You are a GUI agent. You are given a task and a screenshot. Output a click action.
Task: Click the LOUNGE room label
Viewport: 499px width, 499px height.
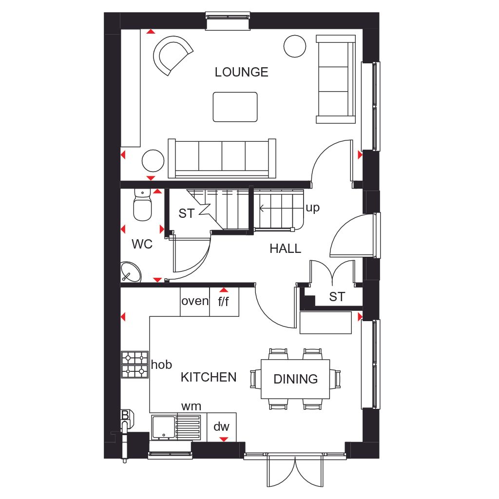[x=242, y=72]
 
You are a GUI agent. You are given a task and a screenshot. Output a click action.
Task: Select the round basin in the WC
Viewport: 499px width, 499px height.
[x=130, y=272]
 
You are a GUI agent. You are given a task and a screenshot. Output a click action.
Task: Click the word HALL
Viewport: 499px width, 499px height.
[x=286, y=249]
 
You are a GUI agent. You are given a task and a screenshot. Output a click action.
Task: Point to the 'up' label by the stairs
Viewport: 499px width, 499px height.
[x=312, y=208]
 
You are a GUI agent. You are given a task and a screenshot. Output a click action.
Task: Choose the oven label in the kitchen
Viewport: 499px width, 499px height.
[x=195, y=301]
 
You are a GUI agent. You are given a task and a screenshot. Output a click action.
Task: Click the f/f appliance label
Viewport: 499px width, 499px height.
[x=224, y=302]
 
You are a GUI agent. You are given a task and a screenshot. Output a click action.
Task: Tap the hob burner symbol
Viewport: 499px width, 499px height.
[x=134, y=365]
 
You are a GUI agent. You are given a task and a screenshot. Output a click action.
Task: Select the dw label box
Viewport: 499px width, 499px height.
[x=221, y=427]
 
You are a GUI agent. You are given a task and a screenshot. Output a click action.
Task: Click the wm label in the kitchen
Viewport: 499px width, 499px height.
[x=191, y=406]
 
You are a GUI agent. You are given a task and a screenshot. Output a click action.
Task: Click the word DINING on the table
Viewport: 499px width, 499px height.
[x=295, y=379]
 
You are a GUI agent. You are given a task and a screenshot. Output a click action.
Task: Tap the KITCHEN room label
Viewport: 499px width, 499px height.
[x=209, y=377]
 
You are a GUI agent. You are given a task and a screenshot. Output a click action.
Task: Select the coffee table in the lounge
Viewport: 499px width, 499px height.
[x=235, y=107]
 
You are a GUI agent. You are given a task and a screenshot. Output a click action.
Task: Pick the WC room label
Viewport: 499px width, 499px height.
[x=142, y=244]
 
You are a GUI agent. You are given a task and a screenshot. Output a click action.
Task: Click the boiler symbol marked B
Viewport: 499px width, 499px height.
[x=125, y=416]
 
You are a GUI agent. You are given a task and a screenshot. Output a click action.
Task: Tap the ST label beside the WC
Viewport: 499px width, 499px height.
[x=186, y=213]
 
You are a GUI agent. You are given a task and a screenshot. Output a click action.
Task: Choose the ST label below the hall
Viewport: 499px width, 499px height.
[x=337, y=296]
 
